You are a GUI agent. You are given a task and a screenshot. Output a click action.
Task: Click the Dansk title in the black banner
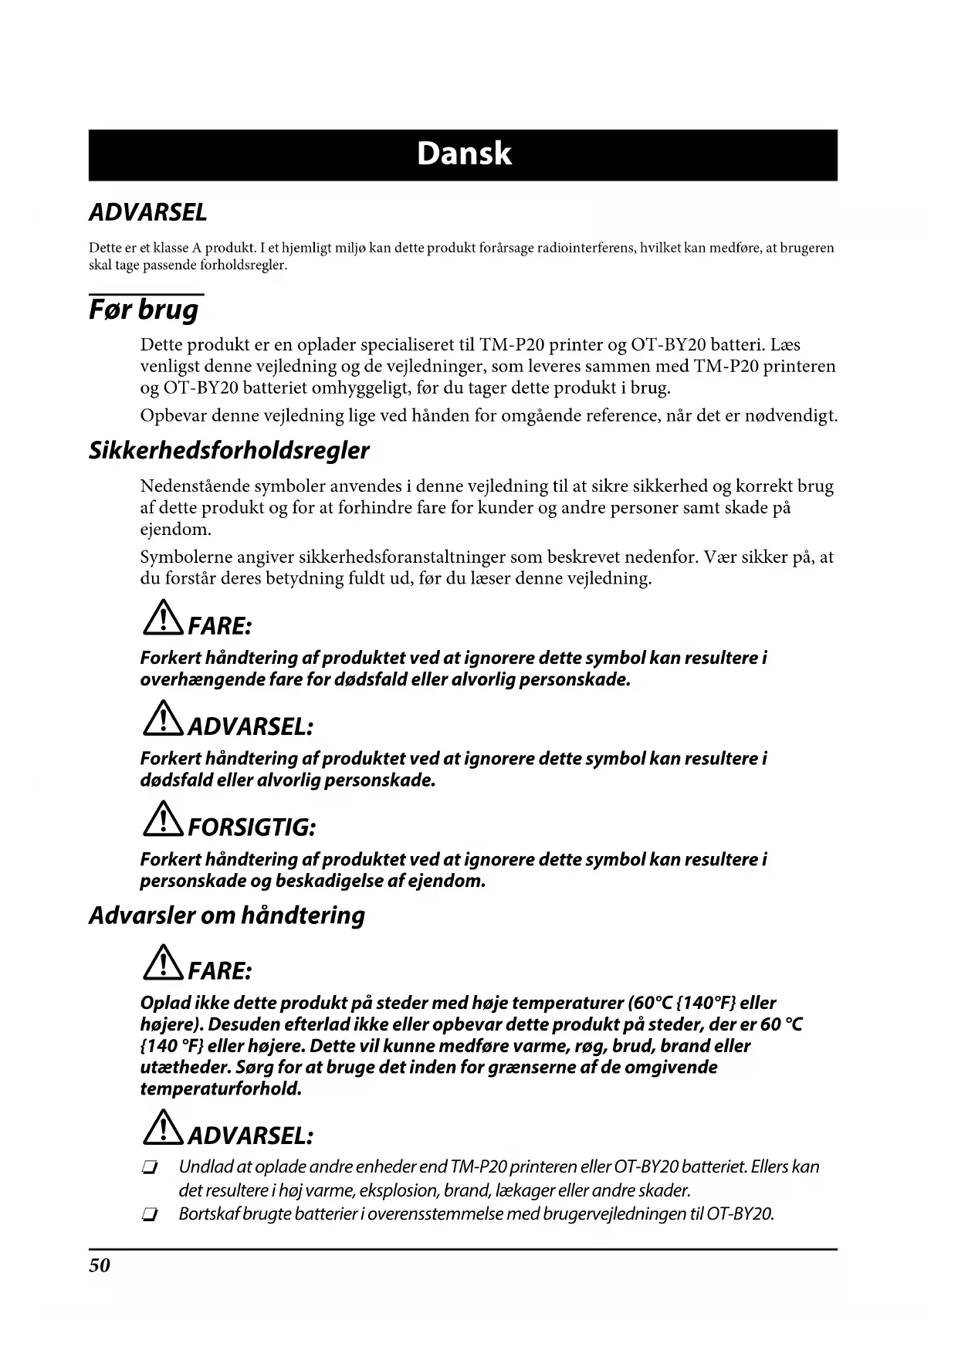464,154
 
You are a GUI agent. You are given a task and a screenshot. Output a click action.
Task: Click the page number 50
100,1265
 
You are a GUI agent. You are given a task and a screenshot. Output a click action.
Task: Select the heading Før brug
144,310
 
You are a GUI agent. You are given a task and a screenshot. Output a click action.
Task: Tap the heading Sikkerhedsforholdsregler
228,451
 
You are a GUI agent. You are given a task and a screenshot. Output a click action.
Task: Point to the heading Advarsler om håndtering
226,916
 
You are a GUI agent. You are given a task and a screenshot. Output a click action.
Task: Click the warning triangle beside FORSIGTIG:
162,820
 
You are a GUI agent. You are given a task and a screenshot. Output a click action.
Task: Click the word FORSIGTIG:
252,828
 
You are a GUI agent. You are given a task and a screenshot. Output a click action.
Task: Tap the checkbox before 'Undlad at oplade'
150,1168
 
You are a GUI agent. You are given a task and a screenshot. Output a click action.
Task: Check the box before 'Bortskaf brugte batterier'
150,1216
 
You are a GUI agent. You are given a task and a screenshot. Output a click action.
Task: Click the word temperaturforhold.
220,1089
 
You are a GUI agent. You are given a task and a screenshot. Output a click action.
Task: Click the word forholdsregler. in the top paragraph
243,266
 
